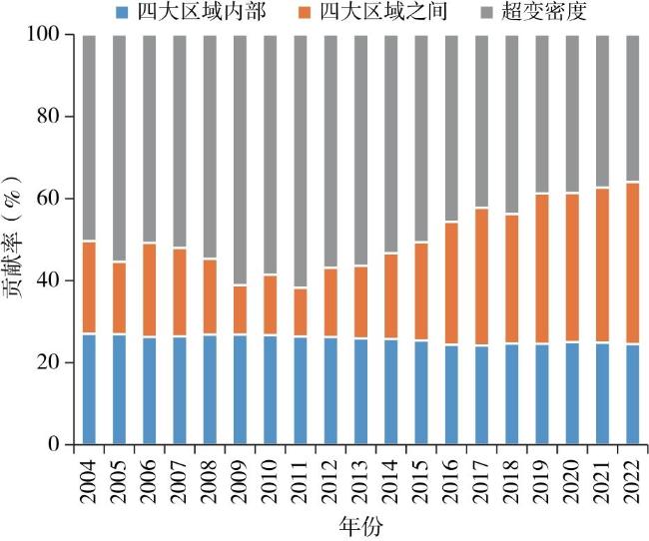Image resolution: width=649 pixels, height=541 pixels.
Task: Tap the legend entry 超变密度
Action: click(x=519, y=12)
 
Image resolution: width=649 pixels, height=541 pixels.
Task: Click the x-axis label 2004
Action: click(x=90, y=479)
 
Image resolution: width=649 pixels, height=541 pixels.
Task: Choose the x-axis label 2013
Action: click(x=361, y=479)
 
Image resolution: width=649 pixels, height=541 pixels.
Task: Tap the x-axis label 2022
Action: click(x=632, y=479)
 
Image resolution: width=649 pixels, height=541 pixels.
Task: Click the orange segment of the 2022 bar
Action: click(x=632, y=264)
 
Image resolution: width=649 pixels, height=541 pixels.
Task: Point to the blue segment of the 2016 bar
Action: click(x=451, y=394)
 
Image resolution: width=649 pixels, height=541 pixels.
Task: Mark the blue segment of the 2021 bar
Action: click(x=602, y=393)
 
